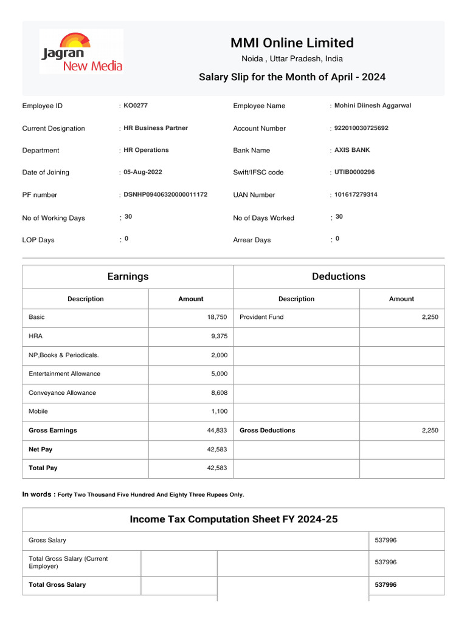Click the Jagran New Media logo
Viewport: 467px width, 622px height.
(81, 52)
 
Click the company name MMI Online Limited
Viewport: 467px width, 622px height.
(291, 43)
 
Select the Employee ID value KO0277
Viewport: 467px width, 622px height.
(136, 106)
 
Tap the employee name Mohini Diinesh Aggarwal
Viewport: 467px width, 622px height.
(373, 106)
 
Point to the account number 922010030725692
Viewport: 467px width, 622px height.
(361, 128)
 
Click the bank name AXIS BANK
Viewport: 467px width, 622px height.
(352, 150)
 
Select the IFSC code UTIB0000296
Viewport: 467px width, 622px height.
(355, 173)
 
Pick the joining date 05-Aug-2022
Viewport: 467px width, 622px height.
(143, 173)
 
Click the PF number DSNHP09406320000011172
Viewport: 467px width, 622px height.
(165, 194)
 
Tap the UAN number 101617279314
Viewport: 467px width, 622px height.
(356, 194)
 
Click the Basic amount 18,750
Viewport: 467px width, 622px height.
(217, 317)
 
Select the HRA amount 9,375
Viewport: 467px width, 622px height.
(219, 336)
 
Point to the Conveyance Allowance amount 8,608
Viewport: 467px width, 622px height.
(219, 393)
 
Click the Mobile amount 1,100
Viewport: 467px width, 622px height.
(219, 412)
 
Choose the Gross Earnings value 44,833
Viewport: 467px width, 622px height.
(217, 431)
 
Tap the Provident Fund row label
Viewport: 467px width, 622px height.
(261, 317)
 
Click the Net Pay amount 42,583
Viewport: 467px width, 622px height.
(217, 449)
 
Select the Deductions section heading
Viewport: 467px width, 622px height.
(339, 276)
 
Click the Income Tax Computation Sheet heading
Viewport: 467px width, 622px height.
(233, 519)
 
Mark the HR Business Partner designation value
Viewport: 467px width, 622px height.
(156, 128)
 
